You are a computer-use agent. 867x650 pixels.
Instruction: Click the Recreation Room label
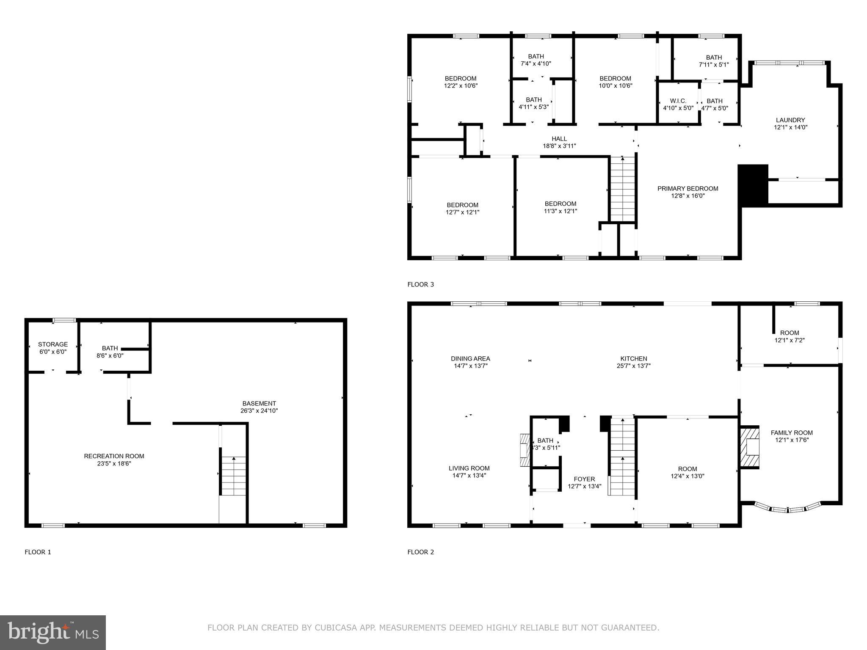pyautogui.click(x=114, y=456)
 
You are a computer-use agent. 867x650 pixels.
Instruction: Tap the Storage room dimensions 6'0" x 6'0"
pyautogui.click(x=52, y=352)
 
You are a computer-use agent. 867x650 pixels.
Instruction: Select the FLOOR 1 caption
pyautogui.click(x=38, y=552)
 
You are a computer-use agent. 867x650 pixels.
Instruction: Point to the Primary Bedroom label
pyautogui.click(x=688, y=189)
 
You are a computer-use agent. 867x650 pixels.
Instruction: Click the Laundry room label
pyautogui.click(x=790, y=120)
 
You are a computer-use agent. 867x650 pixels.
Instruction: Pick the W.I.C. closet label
pyautogui.click(x=678, y=101)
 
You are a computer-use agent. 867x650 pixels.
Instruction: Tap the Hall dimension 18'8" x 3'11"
pyautogui.click(x=559, y=146)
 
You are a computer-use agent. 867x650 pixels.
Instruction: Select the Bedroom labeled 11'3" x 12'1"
pyautogui.click(x=560, y=207)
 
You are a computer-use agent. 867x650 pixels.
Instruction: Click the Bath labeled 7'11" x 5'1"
pyautogui.click(x=713, y=61)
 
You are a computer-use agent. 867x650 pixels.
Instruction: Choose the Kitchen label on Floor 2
pyautogui.click(x=633, y=358)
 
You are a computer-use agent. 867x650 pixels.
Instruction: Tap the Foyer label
pyautogui.click(x=584, y=479)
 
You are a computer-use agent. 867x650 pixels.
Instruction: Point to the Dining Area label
pyautogui.click(x=470, y=358)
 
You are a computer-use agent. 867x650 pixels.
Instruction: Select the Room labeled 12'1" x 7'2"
pyautogui.click(x=790, y=336)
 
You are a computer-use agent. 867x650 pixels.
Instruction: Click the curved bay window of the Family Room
pyautogui.click(x=788, y=508)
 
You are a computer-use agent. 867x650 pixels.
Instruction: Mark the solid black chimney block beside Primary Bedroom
pyautogui.click(x=753, y=185)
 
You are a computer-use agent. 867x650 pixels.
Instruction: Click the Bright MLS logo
pyautogui.click(x=53, y=632)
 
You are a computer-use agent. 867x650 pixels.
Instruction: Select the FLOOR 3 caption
pyautogui.click(x=420, y=284)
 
